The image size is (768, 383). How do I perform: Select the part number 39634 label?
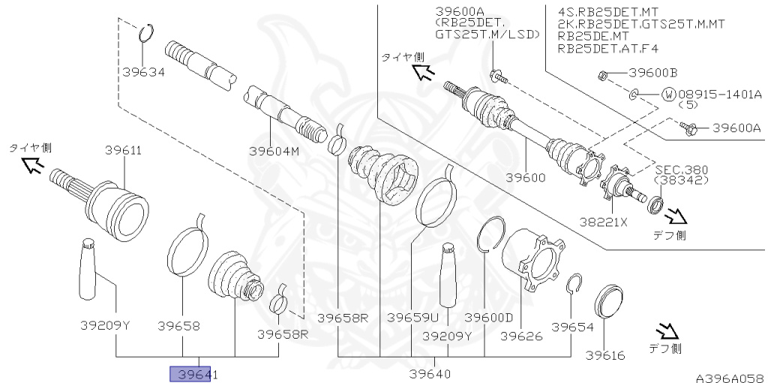[x=143, y=73]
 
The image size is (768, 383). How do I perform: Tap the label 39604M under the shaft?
[x=274, y=151]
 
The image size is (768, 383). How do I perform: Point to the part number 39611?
[x=124, y=150]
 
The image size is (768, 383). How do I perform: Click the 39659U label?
[x=413, y=318]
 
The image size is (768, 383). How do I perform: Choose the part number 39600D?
[x=488, y=318]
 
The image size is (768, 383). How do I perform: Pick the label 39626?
[x=522, y=336]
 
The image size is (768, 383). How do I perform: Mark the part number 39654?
[x=572, y=327]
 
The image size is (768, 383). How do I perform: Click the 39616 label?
[x=605, y=354]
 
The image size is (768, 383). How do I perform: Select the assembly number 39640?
[x=430, y=374]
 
